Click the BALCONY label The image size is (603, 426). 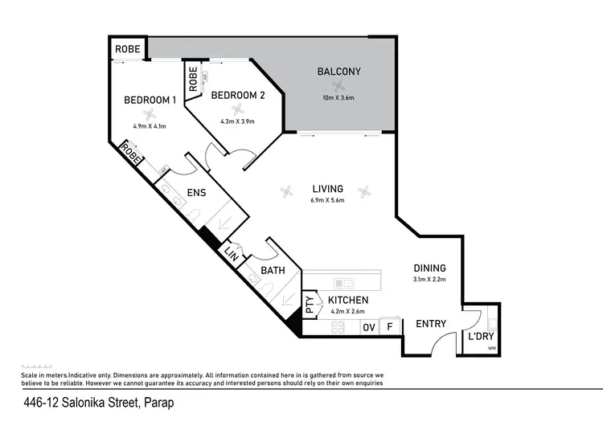[338, 72]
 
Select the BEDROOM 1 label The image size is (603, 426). [150, 100]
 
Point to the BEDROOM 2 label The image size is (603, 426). [237, 95]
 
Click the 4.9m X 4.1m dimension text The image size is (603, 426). [150, 126]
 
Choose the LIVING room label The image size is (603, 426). [328, 189]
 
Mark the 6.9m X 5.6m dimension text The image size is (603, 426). [328, 200]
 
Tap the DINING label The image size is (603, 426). [429, 268]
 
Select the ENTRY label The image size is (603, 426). [431, 324]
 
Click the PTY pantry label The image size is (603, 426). [310, 305]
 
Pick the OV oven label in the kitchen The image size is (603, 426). [369, 327]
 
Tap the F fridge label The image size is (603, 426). [390, 327]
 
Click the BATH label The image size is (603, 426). [272, 271]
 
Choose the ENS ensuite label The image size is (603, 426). [197, 193]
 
